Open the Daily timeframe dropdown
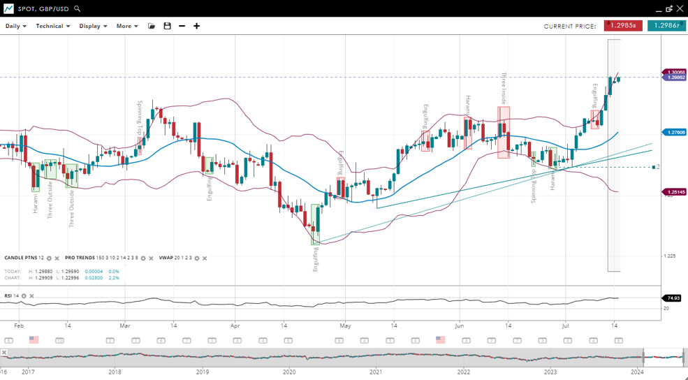[x=15, y=26]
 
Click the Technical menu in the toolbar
[x=52, y=26]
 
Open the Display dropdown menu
[x=93, y=26]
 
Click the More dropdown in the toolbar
[x=127, y=26]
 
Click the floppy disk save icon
[x=167, y=26]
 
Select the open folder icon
[x=152, y=26]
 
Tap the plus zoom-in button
[x=197, y=26]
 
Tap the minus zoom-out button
[x=182, y=26]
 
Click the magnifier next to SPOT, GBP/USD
[x=78, y=9]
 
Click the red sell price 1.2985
[x=623, y=26]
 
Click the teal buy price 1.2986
[x=666, y=26]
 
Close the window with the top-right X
[x=680, y=9]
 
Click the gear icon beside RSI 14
[x=24, y=296]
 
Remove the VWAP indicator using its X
[x=205, y=258]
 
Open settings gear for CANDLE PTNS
[x=49, y=258]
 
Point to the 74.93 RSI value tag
[x=673, y=298]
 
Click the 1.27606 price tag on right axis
[x=675, y=132]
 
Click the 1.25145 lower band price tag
[x=675, y=191]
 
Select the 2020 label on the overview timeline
[x=289, y=372]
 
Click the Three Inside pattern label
[x=504, y=88]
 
